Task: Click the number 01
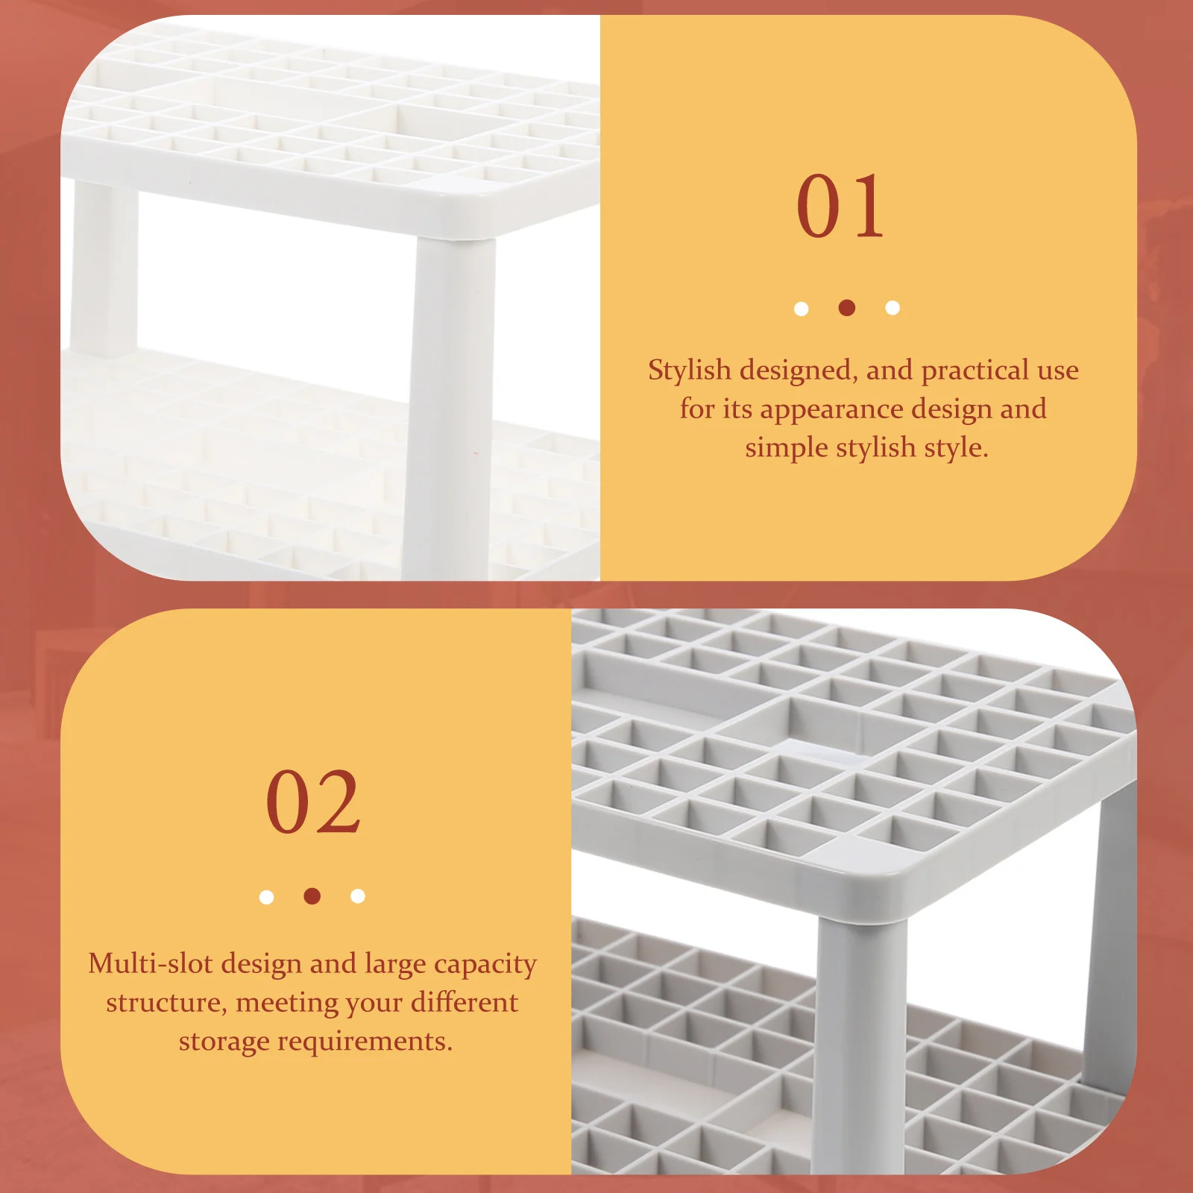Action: [840, 207]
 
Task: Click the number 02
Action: [313, 802]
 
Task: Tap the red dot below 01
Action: [846, 307]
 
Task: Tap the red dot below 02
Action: [312, 895]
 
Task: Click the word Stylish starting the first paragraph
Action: [689, 370]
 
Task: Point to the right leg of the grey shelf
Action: [1109, 932]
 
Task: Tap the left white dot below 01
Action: [801, 308]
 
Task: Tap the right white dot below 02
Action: [358, 895]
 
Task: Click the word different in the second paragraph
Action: [464, 1002]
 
